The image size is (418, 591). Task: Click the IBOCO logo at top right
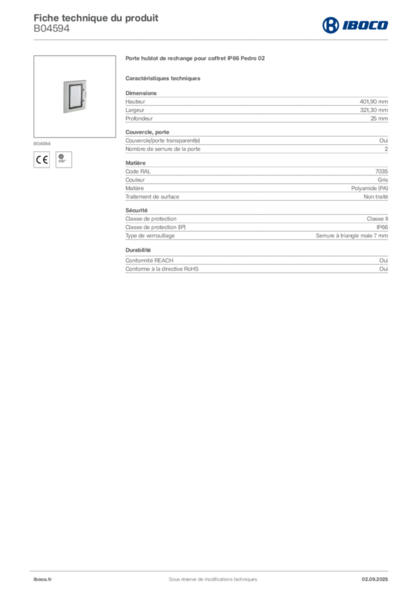(355, 25)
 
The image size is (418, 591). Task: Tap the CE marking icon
(42, 160)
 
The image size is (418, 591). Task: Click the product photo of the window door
(74, 96)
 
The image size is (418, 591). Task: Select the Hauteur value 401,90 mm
(374, 102)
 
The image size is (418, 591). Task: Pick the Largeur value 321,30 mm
(374, 110)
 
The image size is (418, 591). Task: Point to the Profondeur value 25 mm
(379, 118)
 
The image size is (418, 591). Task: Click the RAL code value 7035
(382, 171)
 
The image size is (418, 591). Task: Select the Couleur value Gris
(383, 180)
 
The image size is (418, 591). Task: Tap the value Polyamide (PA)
(370, 188)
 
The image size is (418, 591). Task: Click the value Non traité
(375, 197)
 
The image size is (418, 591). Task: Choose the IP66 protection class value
(382, 227)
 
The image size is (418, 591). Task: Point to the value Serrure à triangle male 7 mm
(352, 235)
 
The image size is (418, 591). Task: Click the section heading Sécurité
(136, 210)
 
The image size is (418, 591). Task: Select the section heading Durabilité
(138, 250)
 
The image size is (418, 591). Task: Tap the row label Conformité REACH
(150, 260)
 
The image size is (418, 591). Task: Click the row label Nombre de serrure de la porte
(163, 149)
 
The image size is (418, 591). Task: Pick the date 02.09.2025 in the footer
(375, 579)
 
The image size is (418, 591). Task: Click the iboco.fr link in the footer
(43, 579)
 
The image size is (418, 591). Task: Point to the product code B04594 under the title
(51, 28)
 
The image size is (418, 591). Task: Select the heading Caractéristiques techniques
(163, 78)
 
